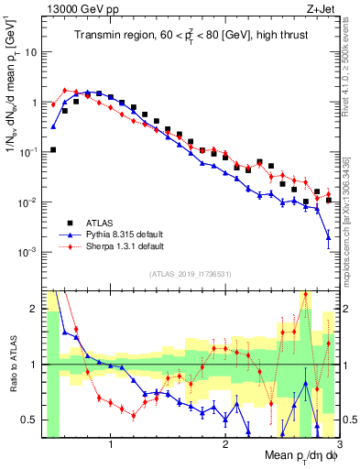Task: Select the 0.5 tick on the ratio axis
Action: tap(29, 420)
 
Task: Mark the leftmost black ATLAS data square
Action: tap(53, 149)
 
